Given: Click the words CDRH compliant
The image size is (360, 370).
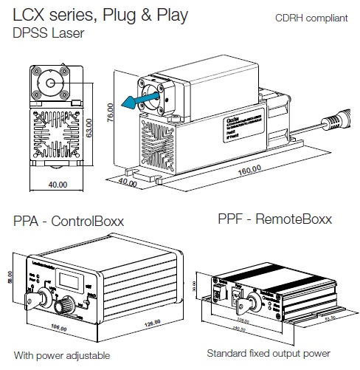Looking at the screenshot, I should (311, 18).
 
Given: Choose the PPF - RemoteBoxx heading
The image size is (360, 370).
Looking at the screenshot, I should (274, 219).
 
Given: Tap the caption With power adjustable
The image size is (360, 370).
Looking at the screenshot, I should (61, 356).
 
